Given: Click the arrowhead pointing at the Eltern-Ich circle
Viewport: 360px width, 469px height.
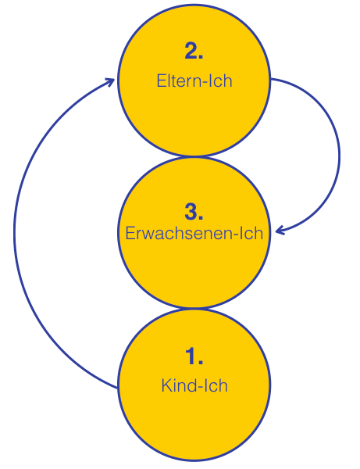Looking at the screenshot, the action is point(111,81).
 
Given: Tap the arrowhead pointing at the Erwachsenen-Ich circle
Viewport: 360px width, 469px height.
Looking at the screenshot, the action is point(280,231).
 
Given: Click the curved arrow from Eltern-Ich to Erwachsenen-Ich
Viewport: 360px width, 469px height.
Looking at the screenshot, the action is point(340,156).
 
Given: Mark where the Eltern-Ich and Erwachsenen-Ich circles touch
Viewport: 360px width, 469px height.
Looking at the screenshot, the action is point(194,156).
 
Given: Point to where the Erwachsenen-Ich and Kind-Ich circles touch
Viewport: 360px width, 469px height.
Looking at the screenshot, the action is point(194,308).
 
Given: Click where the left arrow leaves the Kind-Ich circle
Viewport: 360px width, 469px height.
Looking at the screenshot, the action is point(118,388).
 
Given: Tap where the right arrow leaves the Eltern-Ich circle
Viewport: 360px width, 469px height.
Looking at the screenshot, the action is point(270,79).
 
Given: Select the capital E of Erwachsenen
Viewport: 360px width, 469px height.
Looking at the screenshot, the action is point(130,233).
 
